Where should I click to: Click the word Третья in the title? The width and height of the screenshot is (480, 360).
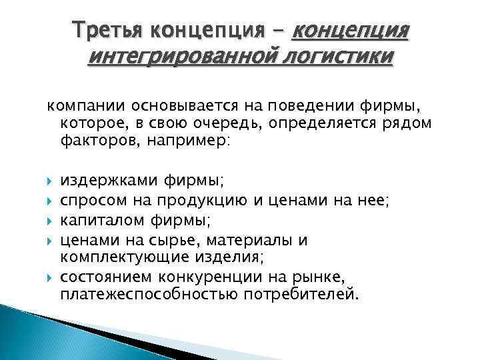(x=107, y=30)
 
